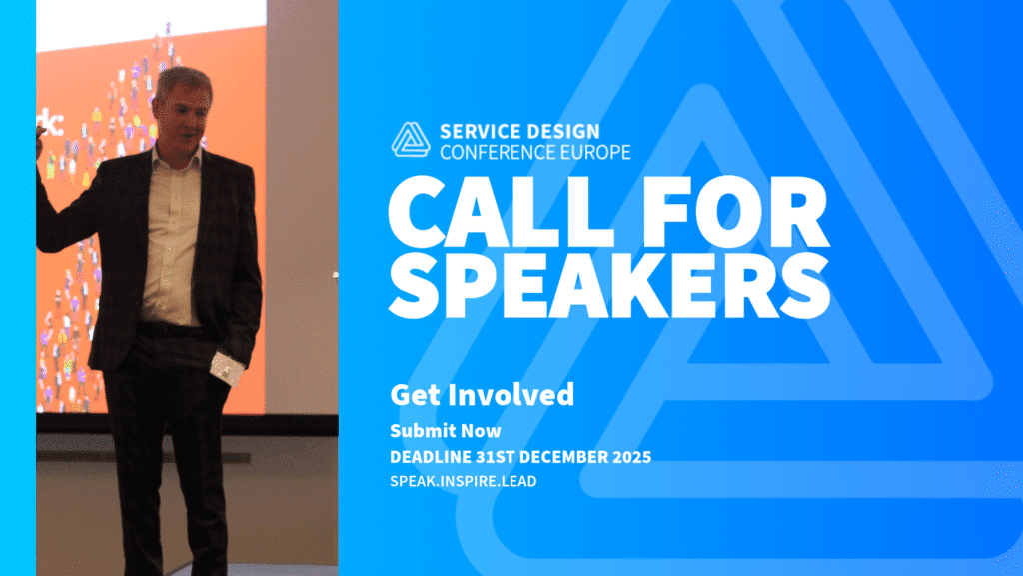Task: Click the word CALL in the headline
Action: click(502, 211)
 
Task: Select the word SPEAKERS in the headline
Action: click(609, 285)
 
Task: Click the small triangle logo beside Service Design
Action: click(411, 140)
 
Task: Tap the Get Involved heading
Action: click(483, 395)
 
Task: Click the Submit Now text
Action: click(446, 431)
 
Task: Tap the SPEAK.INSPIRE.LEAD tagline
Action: click(464, 481)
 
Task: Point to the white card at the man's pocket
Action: click(226, 369)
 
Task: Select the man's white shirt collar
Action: click(176, 159)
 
